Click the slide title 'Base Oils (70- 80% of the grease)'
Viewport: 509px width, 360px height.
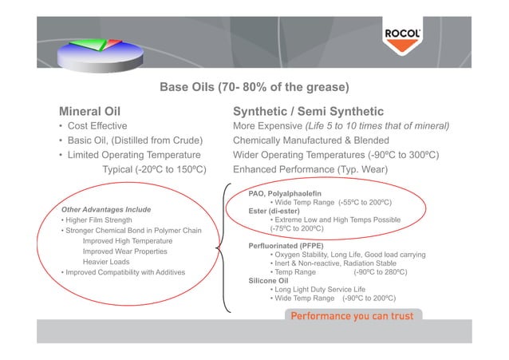point(255,87)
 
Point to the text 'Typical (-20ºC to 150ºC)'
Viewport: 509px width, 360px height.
point(155,169)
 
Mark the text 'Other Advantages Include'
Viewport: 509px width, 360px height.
point(106,209)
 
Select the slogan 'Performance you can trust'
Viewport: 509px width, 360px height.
point(352,316)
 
